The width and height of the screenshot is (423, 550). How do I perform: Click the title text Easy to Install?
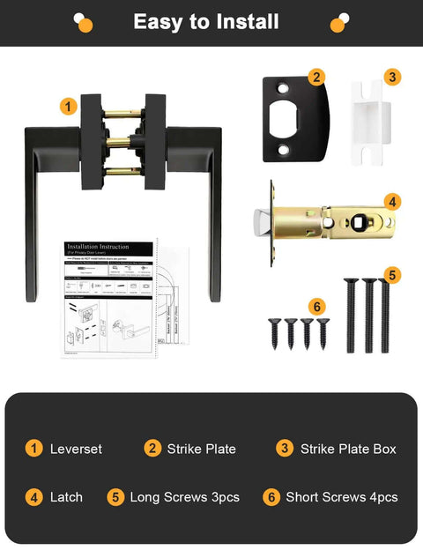coord(205,22)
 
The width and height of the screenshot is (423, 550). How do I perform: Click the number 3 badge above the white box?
coord(392,78)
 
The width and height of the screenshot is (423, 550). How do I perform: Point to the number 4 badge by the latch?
coord(392,202)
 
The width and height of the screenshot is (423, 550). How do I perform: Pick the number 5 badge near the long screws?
coord(392,274)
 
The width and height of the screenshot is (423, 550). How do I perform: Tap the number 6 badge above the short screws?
coord(317,307)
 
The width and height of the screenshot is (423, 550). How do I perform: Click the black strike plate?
coord(291,119)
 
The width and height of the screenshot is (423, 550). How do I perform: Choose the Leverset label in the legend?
coord(76,449)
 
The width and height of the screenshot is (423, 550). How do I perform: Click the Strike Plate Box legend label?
coord(348,449)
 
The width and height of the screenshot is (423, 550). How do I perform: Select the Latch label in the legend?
coord(66,497)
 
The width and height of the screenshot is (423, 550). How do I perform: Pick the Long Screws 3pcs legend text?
coord(184,497)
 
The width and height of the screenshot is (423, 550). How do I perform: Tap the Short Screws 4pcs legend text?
coord(341,497)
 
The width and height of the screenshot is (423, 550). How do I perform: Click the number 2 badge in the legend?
coord(152,449)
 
